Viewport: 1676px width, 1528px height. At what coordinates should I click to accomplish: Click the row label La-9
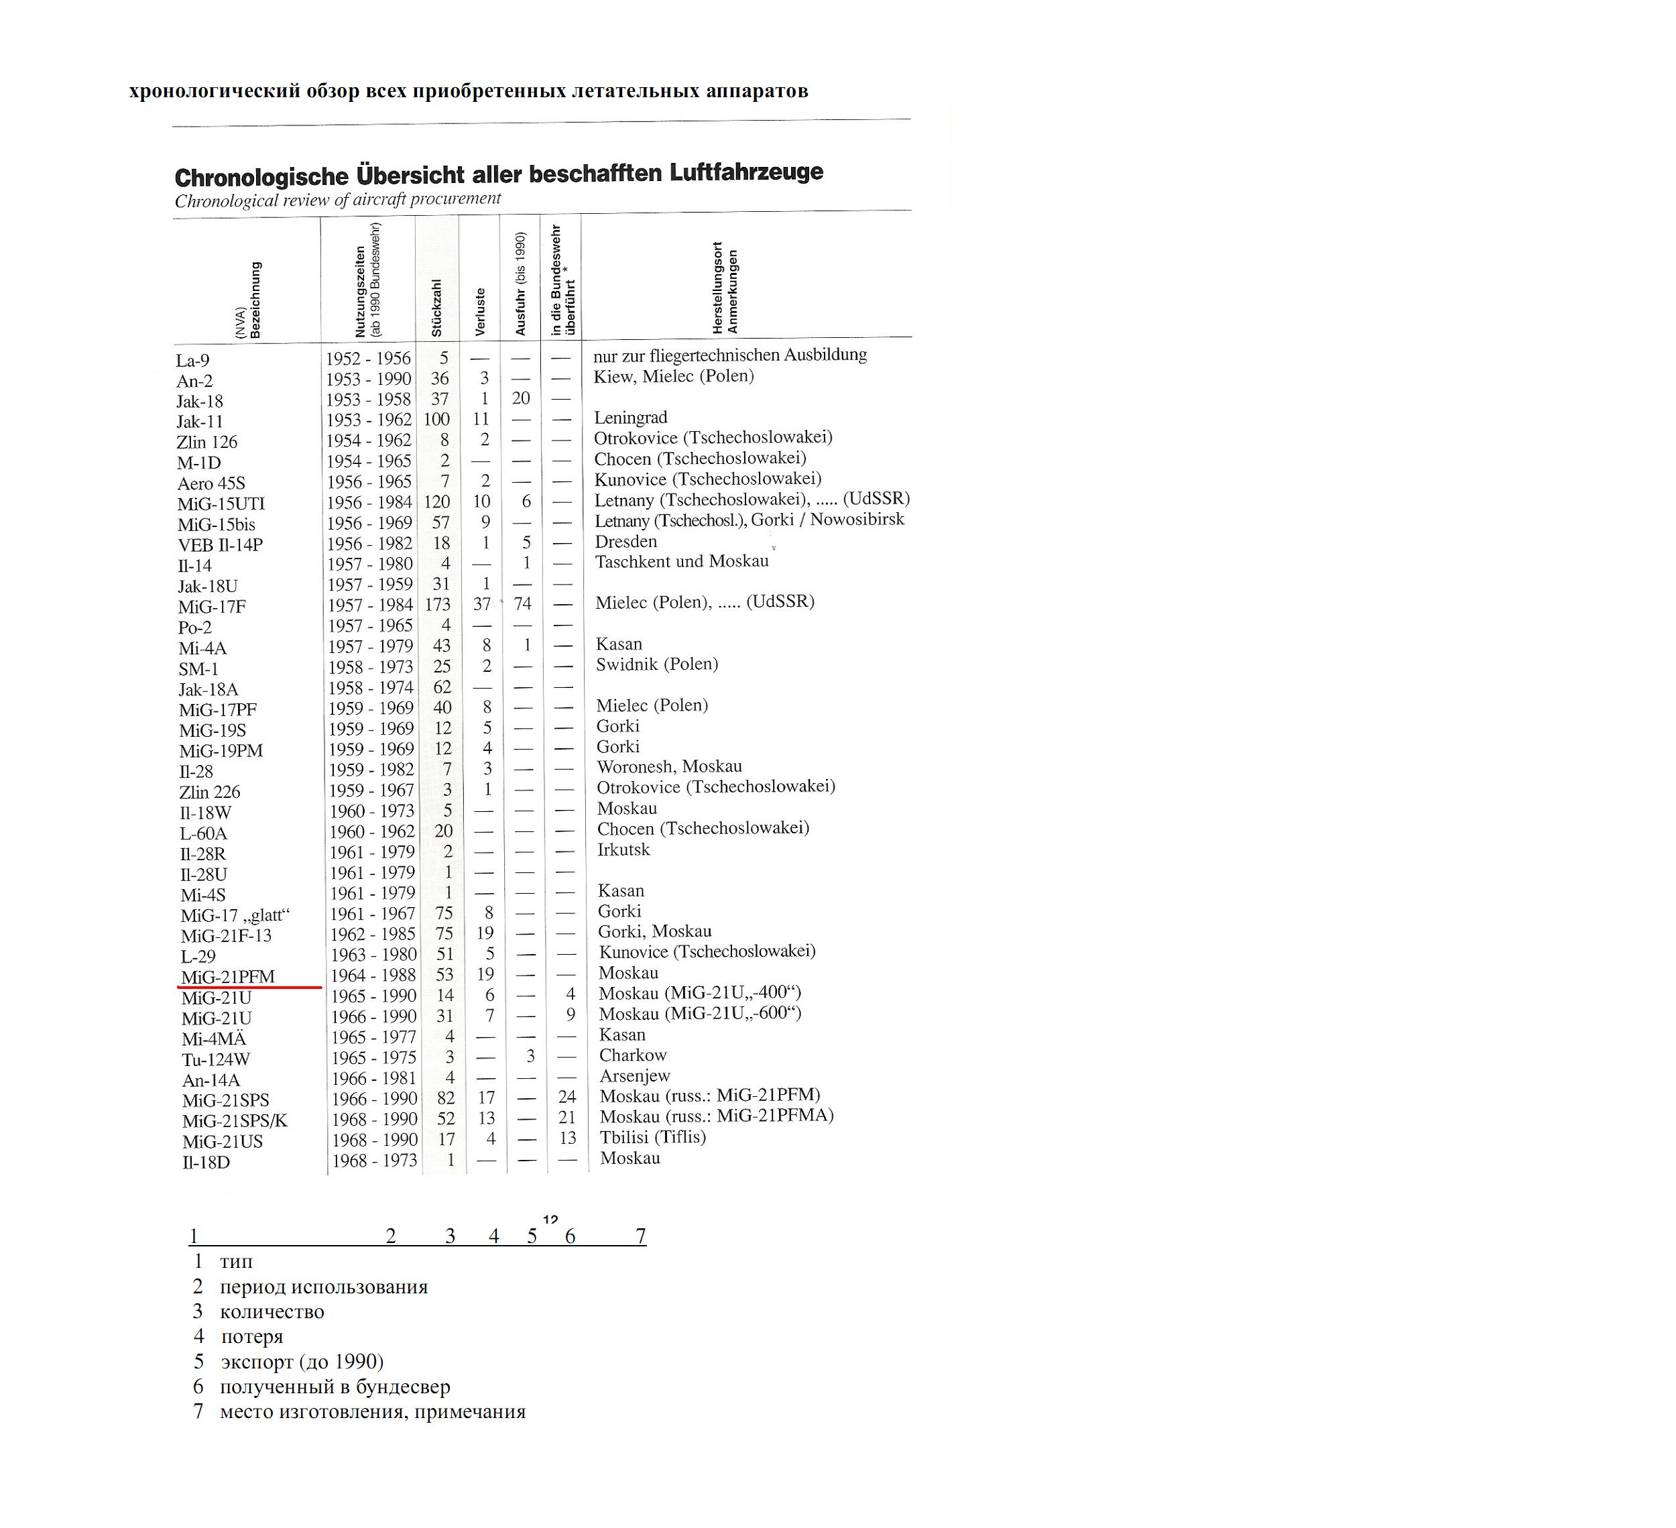pos(193,361)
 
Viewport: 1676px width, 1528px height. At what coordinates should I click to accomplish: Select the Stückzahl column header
pos(436,308)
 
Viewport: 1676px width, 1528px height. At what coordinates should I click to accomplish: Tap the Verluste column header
pos(480,312)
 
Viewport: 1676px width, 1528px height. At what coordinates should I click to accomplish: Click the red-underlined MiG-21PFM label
pos(228,977)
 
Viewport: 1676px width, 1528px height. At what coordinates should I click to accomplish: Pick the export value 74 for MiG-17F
pos(522,604)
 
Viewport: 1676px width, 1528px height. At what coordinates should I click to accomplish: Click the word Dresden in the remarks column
pos(626,541)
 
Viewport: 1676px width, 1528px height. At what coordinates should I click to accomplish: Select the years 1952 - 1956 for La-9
pos(368,358)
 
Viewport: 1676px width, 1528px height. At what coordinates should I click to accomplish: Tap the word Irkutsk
pos(623,849)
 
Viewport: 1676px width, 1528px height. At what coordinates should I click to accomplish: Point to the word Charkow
pos(634,1055)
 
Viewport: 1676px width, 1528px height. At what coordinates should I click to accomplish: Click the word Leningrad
pos(631,417)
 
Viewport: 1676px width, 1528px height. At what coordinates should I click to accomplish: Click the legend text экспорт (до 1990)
pos(302,1362)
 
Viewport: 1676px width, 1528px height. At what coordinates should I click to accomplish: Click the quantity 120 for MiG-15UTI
pos(436,502)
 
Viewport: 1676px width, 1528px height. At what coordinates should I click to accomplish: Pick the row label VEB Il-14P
pos(221,545)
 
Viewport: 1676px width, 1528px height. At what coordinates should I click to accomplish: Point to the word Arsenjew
pos(635,1075)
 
